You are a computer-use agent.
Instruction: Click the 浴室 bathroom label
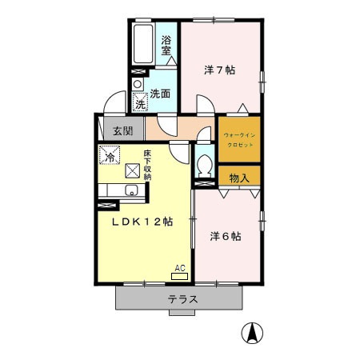click(x=166, y=46)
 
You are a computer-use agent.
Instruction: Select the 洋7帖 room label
click(x=219, y=70)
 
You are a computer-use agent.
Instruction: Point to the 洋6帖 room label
click(x=226, y=236)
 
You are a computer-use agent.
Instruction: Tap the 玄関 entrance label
click(x=122, y=131)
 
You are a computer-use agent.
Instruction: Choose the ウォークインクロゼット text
click(x=239, y=139)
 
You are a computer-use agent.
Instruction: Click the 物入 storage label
click(x=238, y=177)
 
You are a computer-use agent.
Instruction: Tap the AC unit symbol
click(x=180, y=274)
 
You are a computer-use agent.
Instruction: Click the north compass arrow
click(x=254, y=331)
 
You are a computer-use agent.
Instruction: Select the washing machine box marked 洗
click(x=140, y=103)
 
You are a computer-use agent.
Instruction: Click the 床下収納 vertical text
click(x=148, y=164)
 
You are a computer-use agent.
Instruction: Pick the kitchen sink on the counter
click(x=130, y=190)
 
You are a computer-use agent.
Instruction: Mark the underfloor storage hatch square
click(x=130, y=170)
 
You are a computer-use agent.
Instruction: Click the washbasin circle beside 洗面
click(x=137, y=83)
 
